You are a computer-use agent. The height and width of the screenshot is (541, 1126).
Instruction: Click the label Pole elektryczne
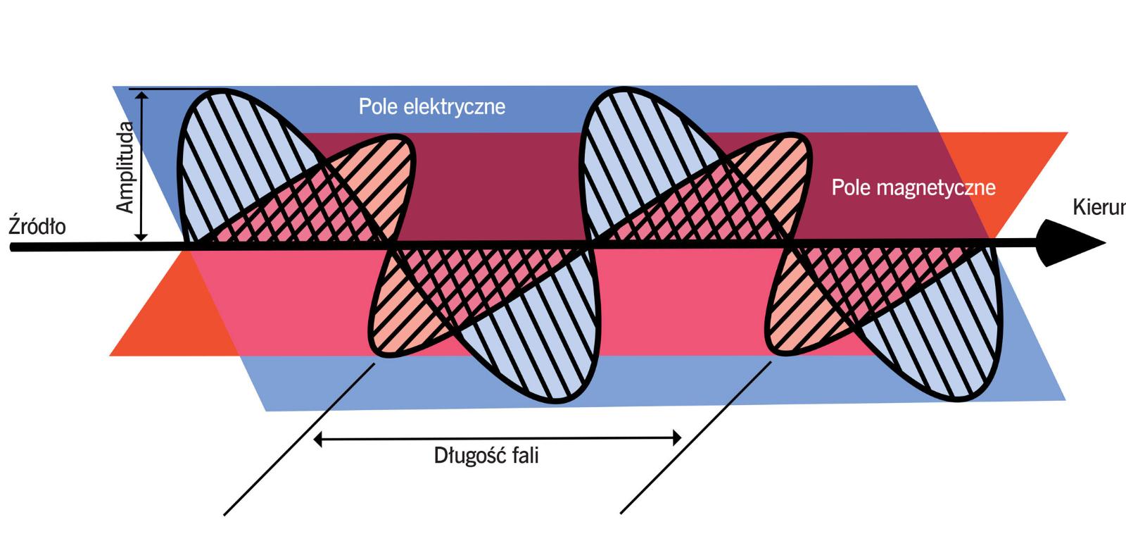pos(431,106)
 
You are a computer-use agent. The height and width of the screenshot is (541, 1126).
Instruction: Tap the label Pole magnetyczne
pos(913,187)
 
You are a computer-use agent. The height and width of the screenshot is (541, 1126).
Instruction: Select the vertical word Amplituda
pos(125,167)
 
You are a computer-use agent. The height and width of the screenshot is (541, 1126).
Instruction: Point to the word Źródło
pos(37,227)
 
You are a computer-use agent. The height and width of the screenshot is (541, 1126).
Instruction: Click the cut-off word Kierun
pos(1099,208)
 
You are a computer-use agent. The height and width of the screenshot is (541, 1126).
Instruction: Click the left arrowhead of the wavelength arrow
pos(319,439)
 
